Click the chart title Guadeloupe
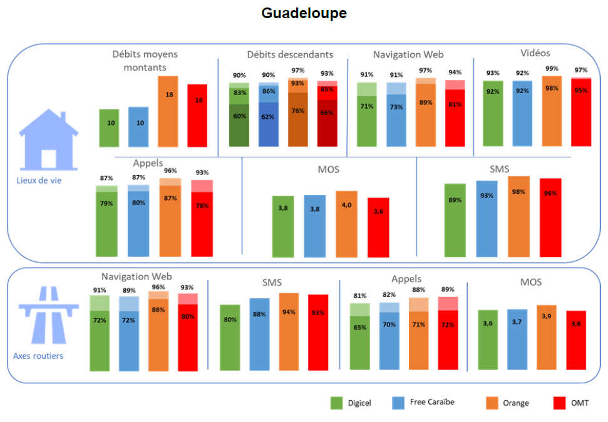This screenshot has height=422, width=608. [x=304, y=13]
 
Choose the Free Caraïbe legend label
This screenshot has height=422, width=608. [x=431, y=402]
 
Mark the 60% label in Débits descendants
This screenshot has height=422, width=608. [x=239, y=116]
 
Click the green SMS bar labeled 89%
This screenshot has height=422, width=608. [x=455, y=220]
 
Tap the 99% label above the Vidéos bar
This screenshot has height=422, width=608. [x=552, y=69]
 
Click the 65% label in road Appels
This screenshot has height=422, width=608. [x=359, y=327]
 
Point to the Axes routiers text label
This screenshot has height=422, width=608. [x=38, y=356]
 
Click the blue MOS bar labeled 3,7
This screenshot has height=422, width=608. [x=517, y=339]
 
